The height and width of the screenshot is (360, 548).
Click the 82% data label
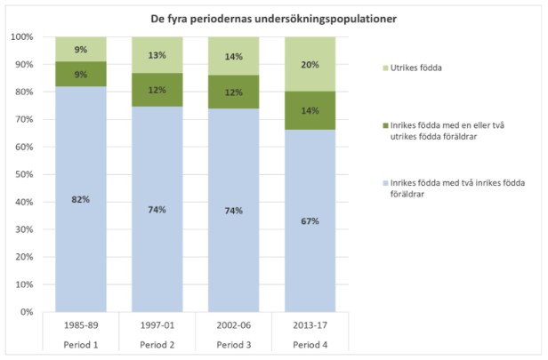pyautogui.click(x=80, y=199)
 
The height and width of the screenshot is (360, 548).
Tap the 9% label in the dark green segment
pyautogui.click(x=80, y=75)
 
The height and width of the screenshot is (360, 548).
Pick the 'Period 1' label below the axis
pyautogui.click(x=80, y=343)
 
